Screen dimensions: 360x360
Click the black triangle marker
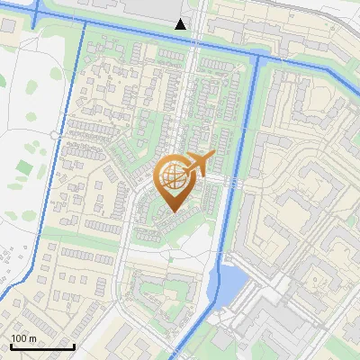181,24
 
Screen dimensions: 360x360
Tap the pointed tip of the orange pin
173,212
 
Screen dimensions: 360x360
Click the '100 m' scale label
23,338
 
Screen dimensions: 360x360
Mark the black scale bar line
42,346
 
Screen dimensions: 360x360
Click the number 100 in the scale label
18,338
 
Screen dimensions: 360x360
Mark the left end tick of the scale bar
11,346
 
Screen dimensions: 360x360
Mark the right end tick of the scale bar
74,346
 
